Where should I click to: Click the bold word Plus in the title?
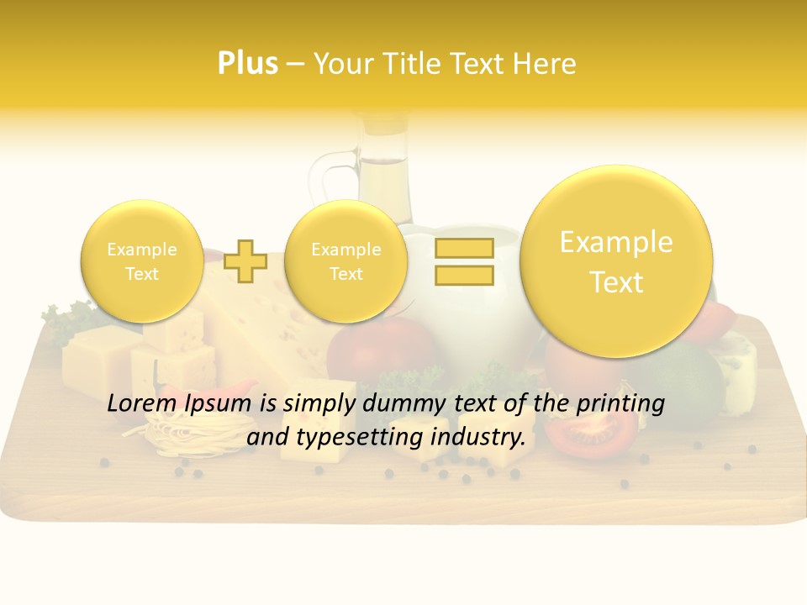coord(247,64)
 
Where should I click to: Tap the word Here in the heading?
coord(546,64)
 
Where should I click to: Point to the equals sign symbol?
coord(464,261)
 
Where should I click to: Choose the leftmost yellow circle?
coord(141,261)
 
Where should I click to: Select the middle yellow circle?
coord(345,261)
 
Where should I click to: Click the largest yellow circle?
coord(616,261)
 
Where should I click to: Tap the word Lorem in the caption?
coord(136,403)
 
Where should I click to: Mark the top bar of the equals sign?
coord(464,248)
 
